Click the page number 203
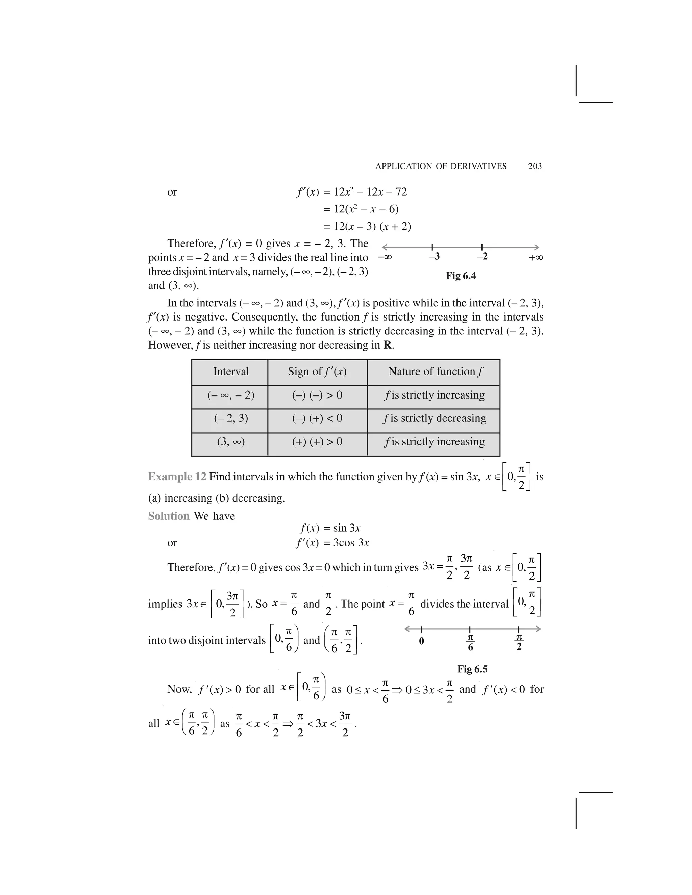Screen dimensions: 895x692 (x=535, y=167)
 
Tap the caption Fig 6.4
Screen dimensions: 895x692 (x=461, y=276)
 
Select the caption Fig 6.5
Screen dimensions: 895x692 (x=472, y=669)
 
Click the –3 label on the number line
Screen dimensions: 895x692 (x=434, y=257)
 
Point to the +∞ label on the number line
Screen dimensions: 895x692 (x=536, y=258)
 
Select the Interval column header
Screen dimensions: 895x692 (x=231, y=372)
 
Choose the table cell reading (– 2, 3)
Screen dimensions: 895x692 (x=231, y=418)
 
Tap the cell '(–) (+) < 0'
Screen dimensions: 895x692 (x=317, y=418)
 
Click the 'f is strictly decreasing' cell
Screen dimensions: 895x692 (x=434, y=418)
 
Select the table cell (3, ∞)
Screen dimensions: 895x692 (x=231, y=442)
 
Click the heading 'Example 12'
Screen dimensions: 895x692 (x=177, y=477)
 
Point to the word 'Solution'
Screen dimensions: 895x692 (x=169, y=516)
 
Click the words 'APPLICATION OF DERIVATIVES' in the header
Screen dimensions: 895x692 (x=441, y=167)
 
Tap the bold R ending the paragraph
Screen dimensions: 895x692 (x=387, y=345)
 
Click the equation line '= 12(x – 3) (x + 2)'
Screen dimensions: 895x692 (x=367, y=226)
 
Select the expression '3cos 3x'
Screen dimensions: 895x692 (x=351, y=543)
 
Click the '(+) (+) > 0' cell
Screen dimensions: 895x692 (x=317, y=442)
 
